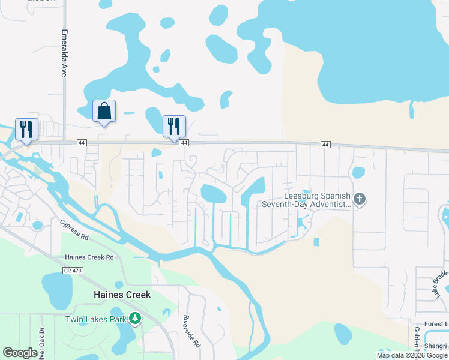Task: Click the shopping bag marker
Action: tap(104, 112)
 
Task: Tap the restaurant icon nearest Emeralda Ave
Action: tap(27, 129)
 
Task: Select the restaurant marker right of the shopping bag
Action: tap(174, 127)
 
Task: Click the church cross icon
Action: tap(360, 199)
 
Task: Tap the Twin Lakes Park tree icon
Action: tap(136, 318)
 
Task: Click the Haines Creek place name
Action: tap(122, 295)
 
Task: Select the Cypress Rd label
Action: tap(74, 230)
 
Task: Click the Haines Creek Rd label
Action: tap(89, 257)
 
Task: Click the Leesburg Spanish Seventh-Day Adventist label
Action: tap(306, 200)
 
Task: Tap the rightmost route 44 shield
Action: tap(325, 145)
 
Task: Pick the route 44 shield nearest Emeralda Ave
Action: tap(82, 142)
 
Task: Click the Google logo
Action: tap(20, 353)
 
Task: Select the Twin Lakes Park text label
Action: tap(96, 319)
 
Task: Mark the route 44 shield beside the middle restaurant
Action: tap(185, 143)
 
